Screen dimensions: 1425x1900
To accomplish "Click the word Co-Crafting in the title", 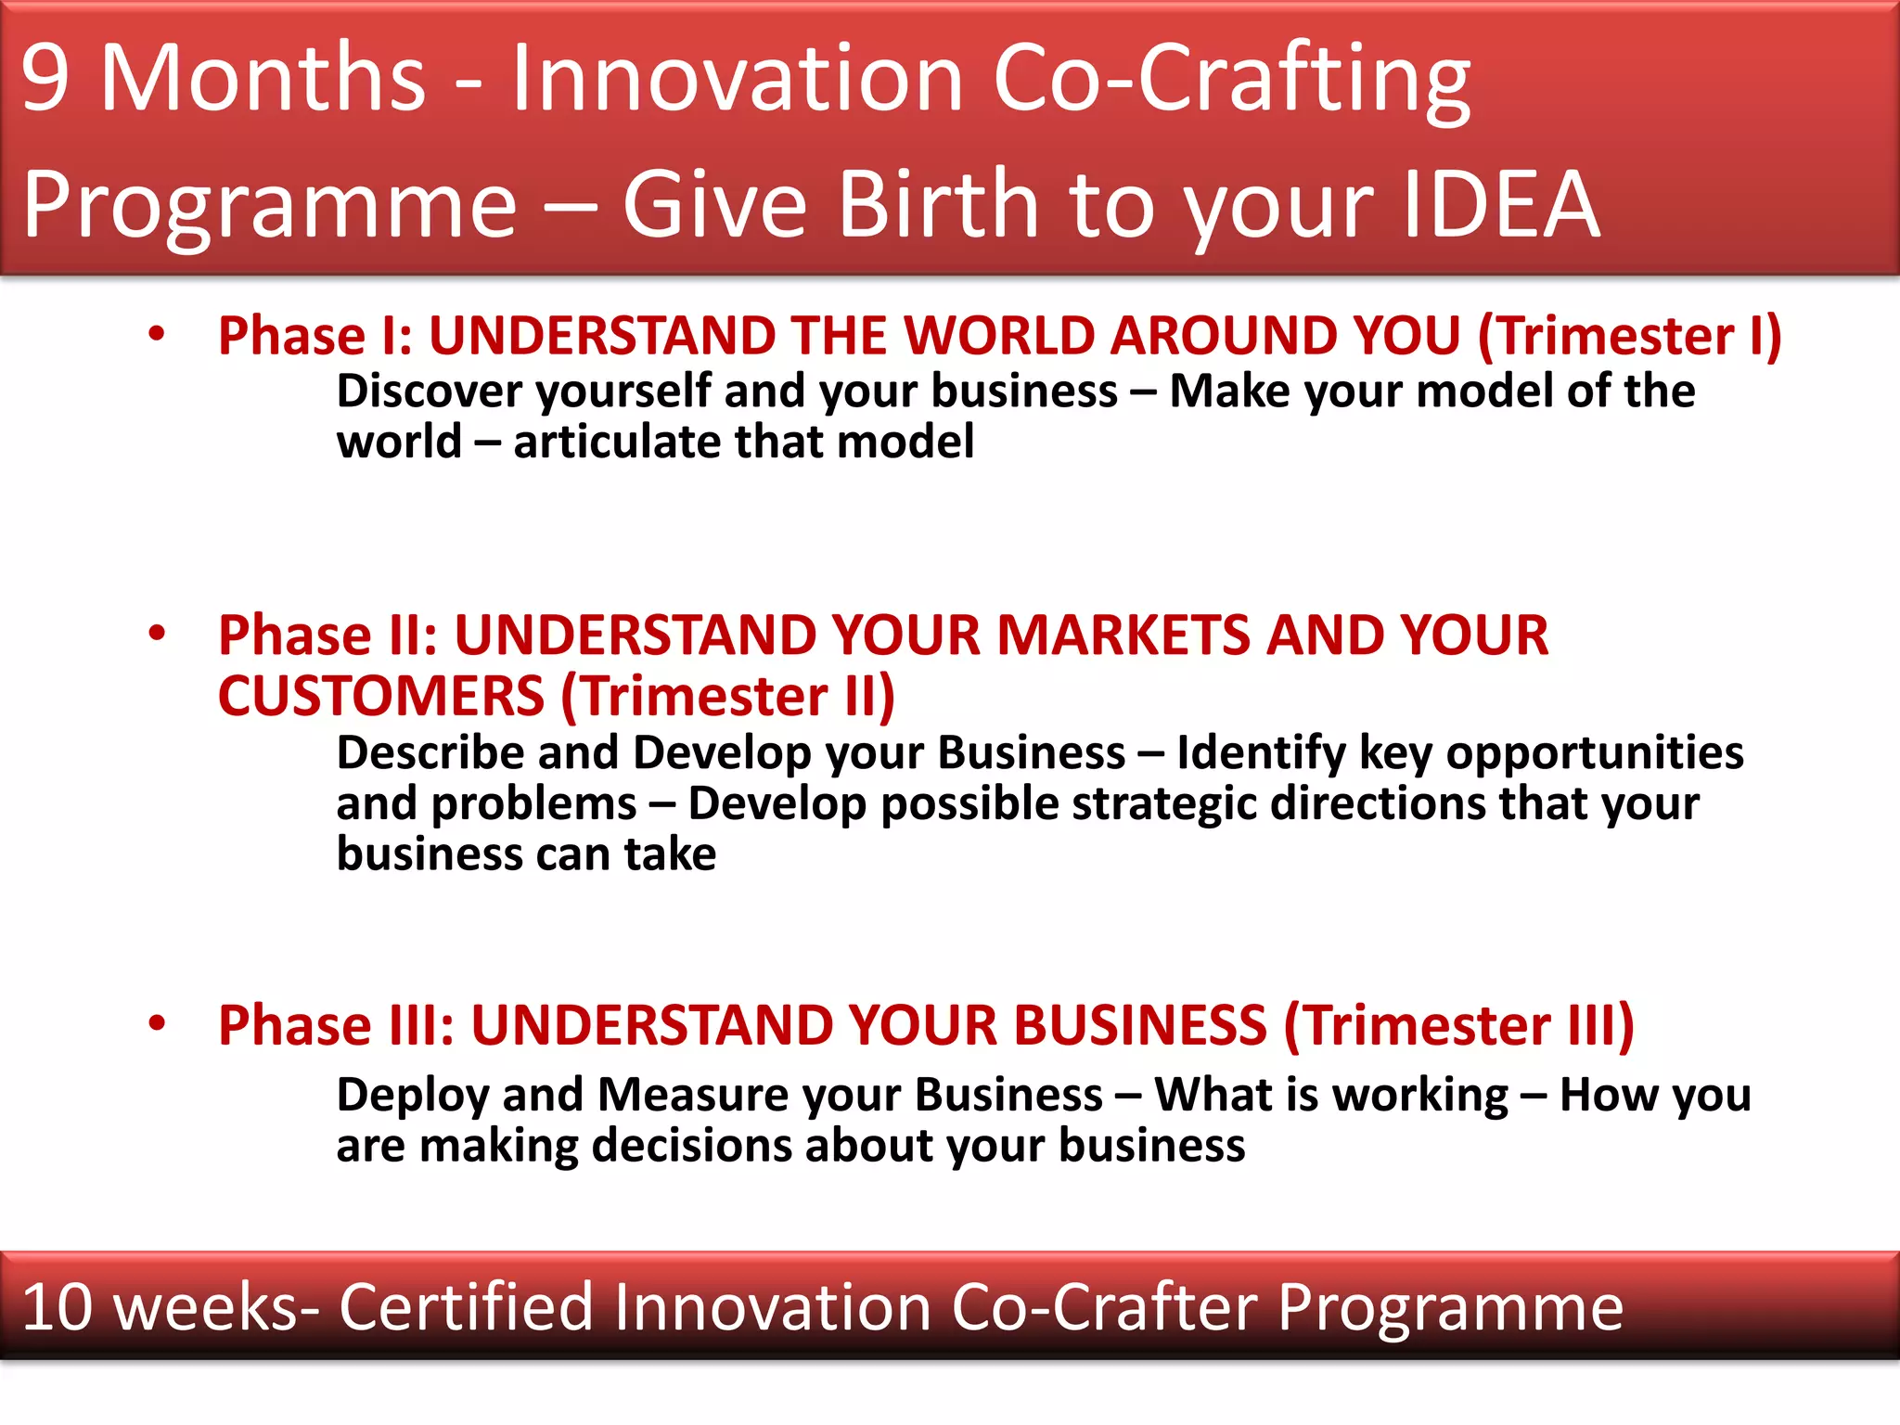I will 1231,80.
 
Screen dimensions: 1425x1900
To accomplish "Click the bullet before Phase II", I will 157,634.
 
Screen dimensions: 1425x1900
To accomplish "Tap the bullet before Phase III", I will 157,1023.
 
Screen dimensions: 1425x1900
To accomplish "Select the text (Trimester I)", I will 1629,335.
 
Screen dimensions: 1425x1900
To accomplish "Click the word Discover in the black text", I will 428,391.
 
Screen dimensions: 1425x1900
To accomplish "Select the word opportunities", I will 1595,752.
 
